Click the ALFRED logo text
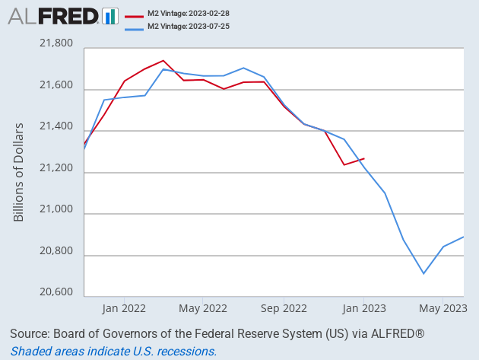pos(52,15)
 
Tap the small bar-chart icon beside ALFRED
pos(110,15)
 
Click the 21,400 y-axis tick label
pos(56,131)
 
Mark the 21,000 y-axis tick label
pos(56,214)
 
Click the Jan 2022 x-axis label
pos(124,308)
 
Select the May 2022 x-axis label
pos(204,308)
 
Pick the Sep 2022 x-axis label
pos(284,308)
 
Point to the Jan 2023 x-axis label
pos(363,308)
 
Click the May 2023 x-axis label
pos(443,308)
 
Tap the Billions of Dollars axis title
pos(19,172)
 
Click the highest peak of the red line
pos(163,60)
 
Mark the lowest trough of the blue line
pos(423,273)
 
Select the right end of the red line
pos(364,158)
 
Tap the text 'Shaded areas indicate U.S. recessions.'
pos(113,351)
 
